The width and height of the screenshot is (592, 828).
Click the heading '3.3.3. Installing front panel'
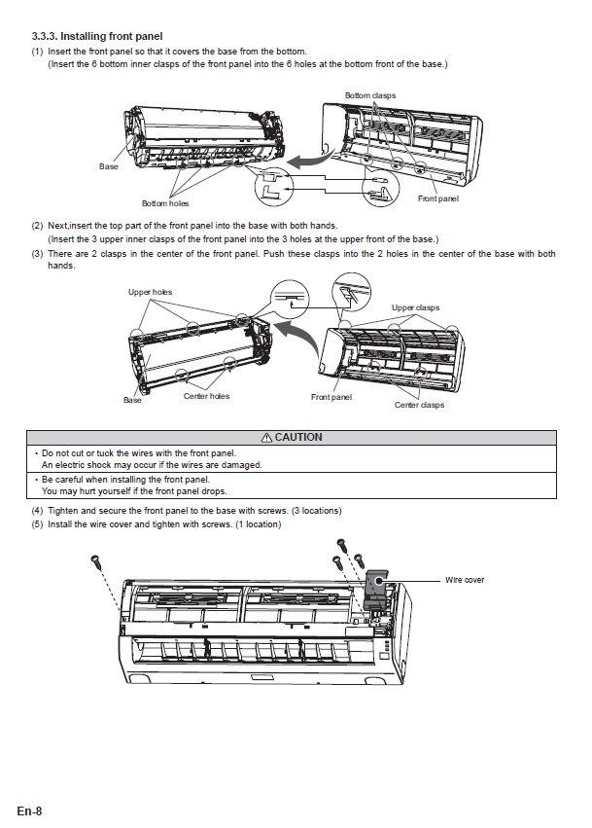click(97, 36)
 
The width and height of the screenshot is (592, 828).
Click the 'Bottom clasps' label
click(370, 95)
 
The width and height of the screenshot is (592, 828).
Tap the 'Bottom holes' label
click(165, 203)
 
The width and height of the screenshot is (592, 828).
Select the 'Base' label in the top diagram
click(109, 166)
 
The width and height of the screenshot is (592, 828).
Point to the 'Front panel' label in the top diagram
click(437, 198)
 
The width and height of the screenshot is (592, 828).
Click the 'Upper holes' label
click(150, 292)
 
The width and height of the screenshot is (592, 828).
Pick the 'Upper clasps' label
click(415, 307)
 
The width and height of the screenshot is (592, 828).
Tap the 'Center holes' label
click(206, 396)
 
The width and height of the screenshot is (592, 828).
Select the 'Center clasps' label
click(419, 405)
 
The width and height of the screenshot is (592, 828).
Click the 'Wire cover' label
click(465, 580)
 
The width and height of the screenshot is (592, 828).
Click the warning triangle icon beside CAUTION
click(266, 438)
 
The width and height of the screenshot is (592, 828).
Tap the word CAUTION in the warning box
click(298, 438)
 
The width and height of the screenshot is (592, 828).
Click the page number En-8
click(29, 810)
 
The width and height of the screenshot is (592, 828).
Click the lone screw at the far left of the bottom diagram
click(96, 561)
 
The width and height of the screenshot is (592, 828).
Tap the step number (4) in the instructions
click(37, 511)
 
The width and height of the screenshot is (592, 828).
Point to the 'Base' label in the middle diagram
click(132, 400)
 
